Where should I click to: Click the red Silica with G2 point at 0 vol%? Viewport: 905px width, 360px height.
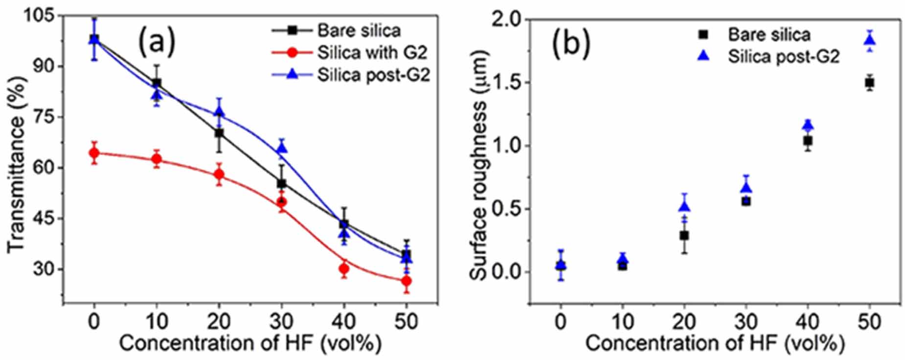tap(94, 153)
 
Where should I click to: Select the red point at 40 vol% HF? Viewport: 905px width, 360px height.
tap(344, 269)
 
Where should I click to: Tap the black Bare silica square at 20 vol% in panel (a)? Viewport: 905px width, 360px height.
tap(219, 133)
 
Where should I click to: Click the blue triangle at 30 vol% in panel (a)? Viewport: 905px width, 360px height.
tap(282, 148)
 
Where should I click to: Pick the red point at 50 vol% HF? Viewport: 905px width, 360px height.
tap(406, 281)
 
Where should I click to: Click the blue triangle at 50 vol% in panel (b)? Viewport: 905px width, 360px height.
tap(869, 40)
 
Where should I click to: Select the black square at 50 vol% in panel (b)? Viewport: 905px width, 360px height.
tap(869, 83)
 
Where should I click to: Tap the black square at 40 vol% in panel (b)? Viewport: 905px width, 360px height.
tap(808, 140)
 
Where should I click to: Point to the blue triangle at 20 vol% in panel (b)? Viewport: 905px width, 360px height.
tap(684, 207)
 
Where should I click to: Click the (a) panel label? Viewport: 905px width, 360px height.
tap(156, 41)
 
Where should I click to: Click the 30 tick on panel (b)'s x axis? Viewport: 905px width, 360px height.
tap(746, 321)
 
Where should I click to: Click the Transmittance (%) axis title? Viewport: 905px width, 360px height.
tap(17, 164)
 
